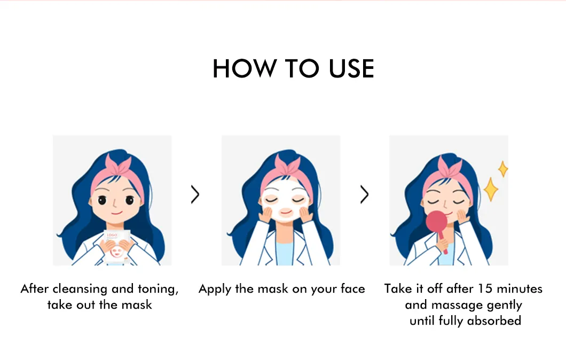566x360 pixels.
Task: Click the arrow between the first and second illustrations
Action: click(195, 195)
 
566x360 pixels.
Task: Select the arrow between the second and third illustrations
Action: click(364, 195)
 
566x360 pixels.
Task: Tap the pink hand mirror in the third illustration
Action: click(437, 224)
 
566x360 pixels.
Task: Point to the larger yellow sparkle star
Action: click(490, 190)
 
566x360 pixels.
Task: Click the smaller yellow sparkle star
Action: click(502, 169)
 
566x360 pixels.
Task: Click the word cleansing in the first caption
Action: click(79, 289)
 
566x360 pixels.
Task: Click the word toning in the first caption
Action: click(159, 289)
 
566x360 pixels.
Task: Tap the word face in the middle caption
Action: click(352, 289)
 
